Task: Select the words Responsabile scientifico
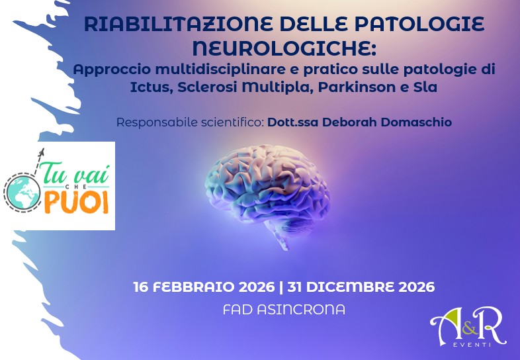click(x=190, y=122)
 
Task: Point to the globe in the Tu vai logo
click(x=21, y=191)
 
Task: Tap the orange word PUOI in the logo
click(x=77, y=202)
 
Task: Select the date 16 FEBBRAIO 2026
click(x=202, y=287)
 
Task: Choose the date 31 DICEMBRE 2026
click(x=362, y=287)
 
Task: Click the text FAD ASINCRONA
click(x=284, y=309)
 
